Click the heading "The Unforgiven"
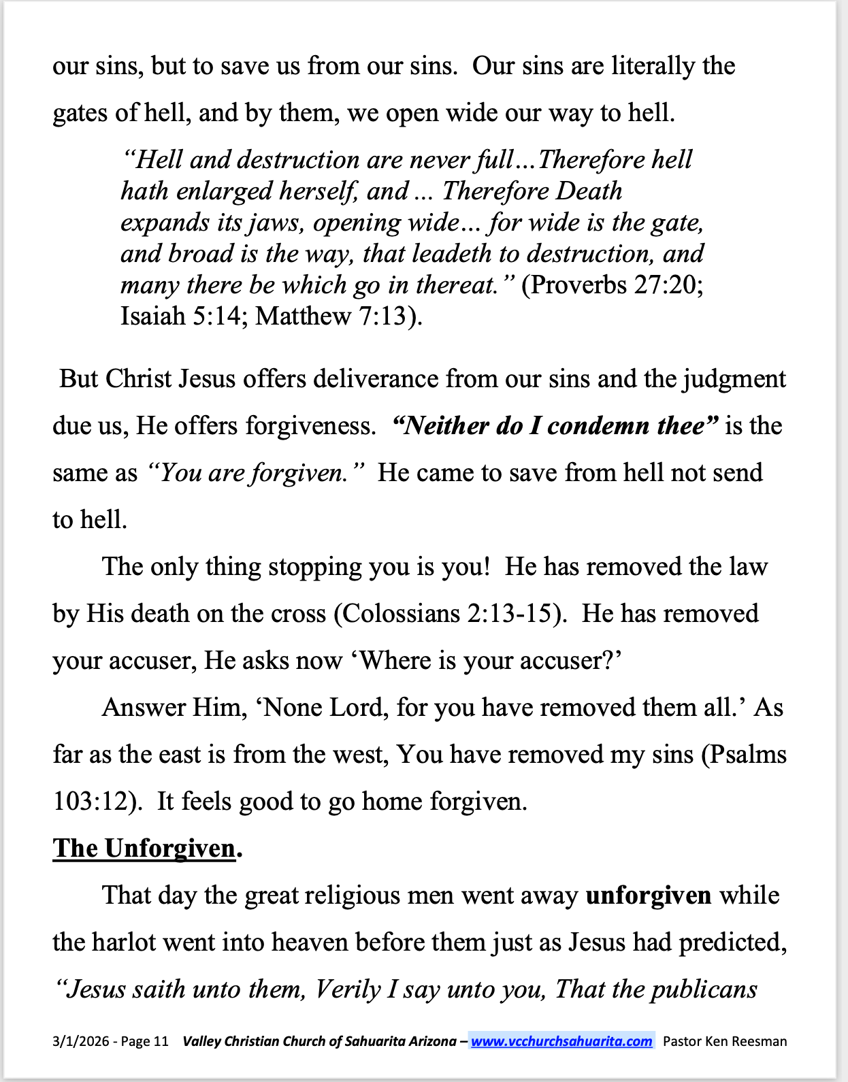pyautogui.click(x=144, y=849)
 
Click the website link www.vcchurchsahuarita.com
pyautogui.click(x=561, y=1041)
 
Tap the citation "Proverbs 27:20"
pyautogui.click(x=612, y=284)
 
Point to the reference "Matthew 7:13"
pyautogui.click(x=333, y=316)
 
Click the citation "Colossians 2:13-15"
pyautogui.click(x=449, y=614)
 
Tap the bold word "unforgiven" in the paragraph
pyautogui.click(x=648, y=896)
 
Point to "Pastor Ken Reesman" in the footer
pyautogui.click(x=725, y=1041)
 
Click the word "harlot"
pyautogui.click(x=125, y=942)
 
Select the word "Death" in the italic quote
pyautogui.click(x=589, y=191)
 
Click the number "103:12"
pyautogui.click(x=94, y=802)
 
